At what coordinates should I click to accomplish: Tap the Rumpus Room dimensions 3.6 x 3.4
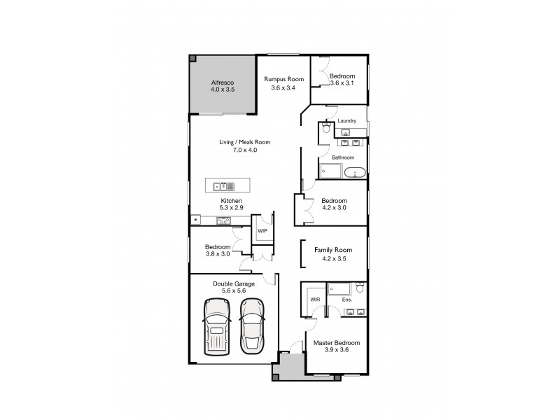coord(283,88)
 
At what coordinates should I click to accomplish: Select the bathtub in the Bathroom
coord(354,172)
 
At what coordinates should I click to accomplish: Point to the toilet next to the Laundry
coord(324,129)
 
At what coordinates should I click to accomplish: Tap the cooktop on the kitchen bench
coord(224,220)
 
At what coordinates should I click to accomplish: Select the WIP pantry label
coord(262,230)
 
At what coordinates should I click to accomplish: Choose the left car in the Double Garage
coord(217,326)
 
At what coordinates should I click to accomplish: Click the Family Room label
coord(333,250)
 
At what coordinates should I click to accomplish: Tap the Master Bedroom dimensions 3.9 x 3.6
coord(336,351)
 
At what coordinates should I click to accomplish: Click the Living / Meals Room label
coord(244,142)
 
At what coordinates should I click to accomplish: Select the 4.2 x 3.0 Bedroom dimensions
coord(333,209)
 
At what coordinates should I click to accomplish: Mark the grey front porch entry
coord(288,365)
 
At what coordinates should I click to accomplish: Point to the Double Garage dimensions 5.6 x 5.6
coord(233,292)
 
